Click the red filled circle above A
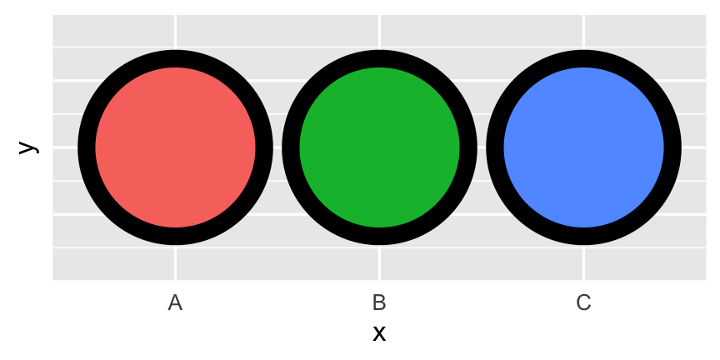coord(175,147)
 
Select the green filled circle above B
coord(379,147)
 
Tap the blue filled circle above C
coord(583,147)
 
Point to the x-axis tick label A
coord(175,303)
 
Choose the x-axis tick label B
coord(379,303)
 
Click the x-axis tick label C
coord(583,303)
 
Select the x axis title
coord(379,334)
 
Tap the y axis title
coord(28,147)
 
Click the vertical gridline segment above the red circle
coord(175,32)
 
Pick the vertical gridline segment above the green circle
coord(379,32)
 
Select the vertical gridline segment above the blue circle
coord(583,32)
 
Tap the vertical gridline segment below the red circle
coord(175,262)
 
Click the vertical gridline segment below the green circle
coord(379,262)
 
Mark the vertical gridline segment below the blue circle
coord(583,262)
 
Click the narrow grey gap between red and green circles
coord(277,147)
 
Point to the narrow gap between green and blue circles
coord(482,147)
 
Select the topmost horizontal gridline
coord(379,47)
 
